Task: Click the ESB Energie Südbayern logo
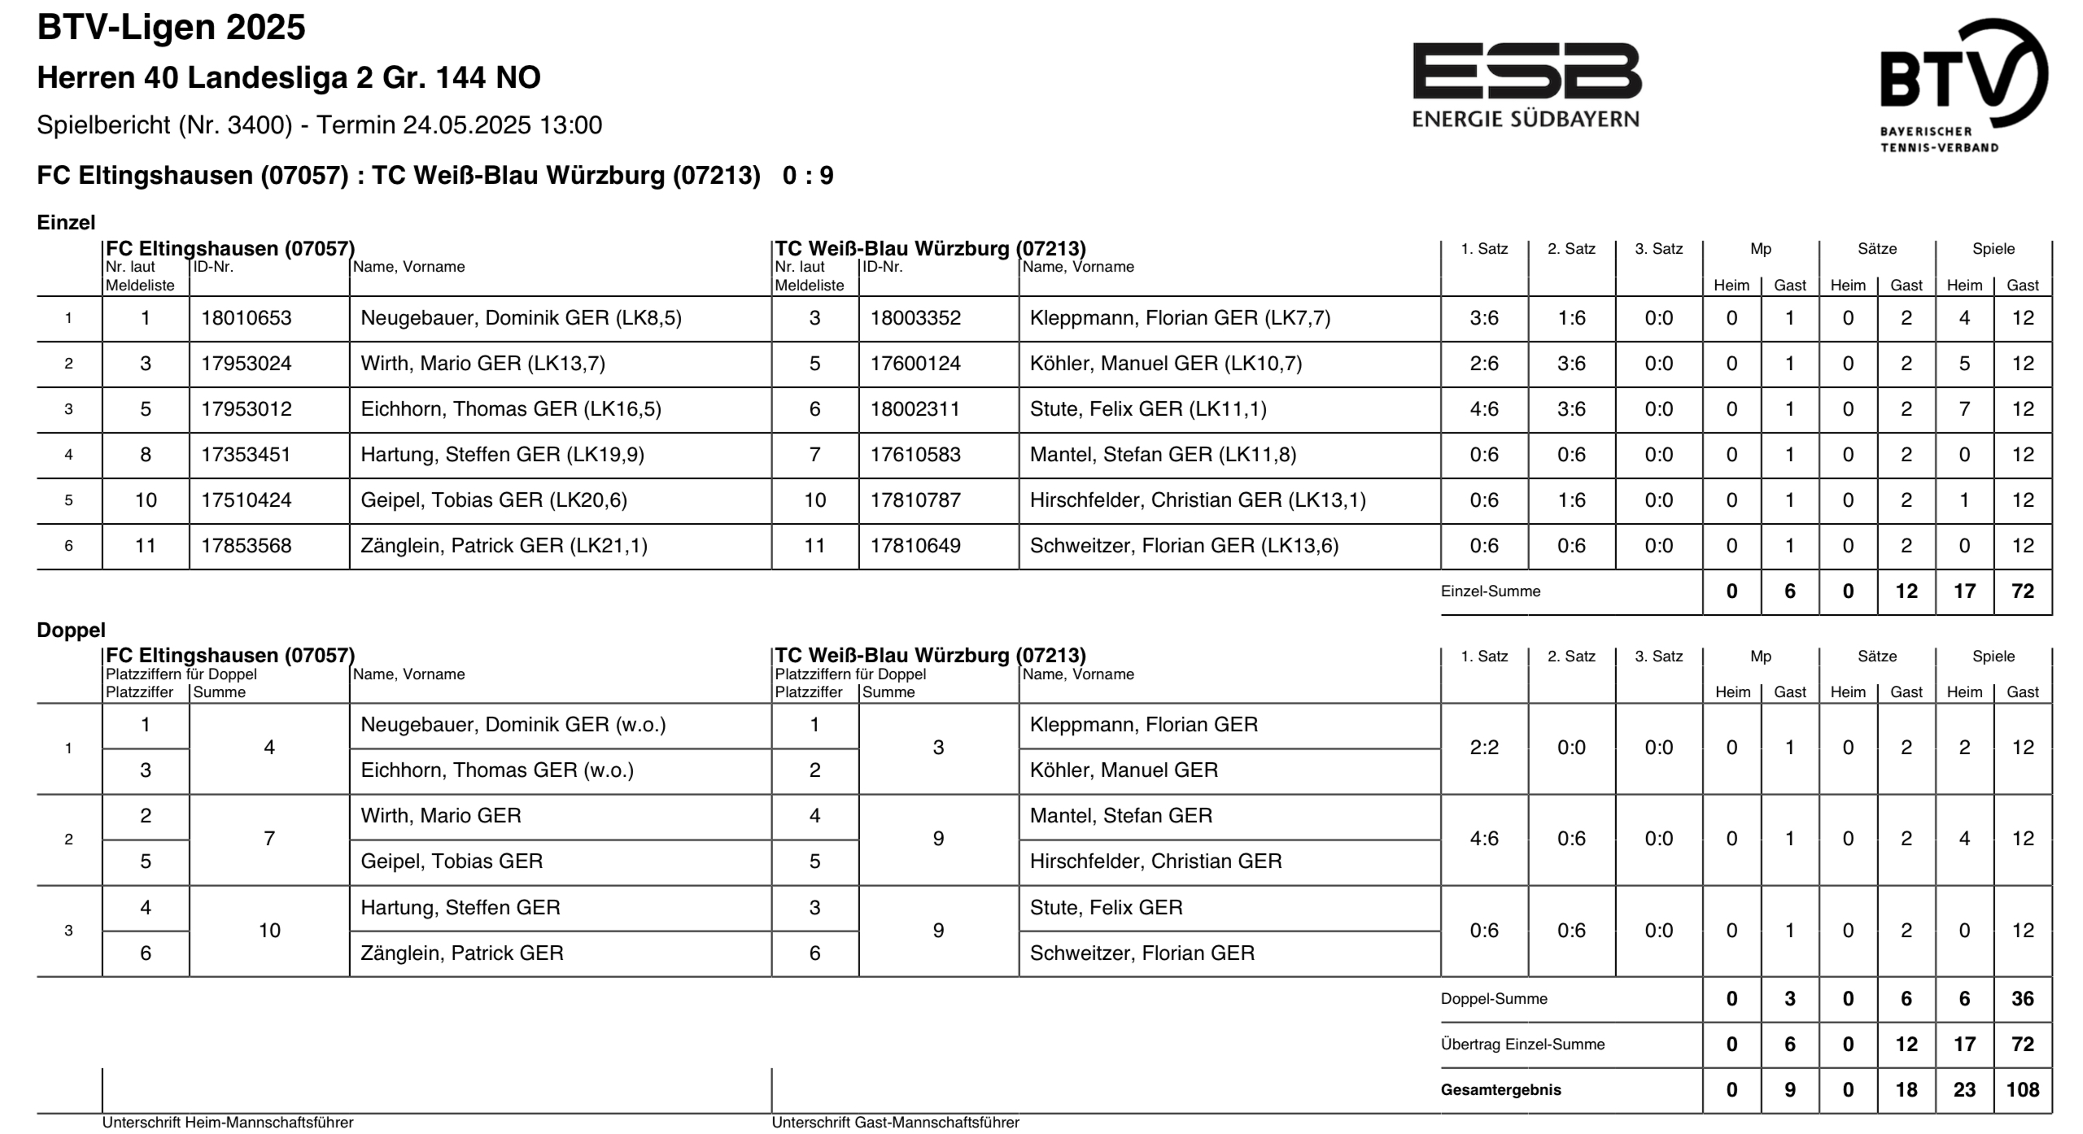tap(1526, 85)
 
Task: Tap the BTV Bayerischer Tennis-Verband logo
tap(1963, 85)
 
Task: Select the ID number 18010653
tap(246, 318)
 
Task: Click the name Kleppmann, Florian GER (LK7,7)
tap(1180, 318)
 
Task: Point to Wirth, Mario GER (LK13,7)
tap(483, 364)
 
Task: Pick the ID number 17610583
tap(915, 455)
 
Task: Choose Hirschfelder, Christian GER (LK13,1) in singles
tap(1197, 500)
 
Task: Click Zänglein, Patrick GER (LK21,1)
tap(504, 546)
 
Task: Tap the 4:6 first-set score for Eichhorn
tap(1484, 409)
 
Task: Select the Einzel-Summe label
tap(1490, 591)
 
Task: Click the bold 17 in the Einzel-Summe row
tap(1964, 591)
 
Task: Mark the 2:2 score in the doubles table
tap(1484, 748)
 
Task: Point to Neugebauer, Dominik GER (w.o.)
tap(513, 725)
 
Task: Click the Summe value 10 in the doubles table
tap(269, 931)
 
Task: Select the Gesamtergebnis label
tap(1500, 1090)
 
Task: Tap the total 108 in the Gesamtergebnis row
tap(2022, 1090)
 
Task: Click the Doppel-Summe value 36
tap(2022, 999)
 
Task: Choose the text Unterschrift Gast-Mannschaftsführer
tap(895, 1123)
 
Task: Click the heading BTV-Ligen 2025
tap(172, 28)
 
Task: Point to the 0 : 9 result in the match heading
tap(808, 176)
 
